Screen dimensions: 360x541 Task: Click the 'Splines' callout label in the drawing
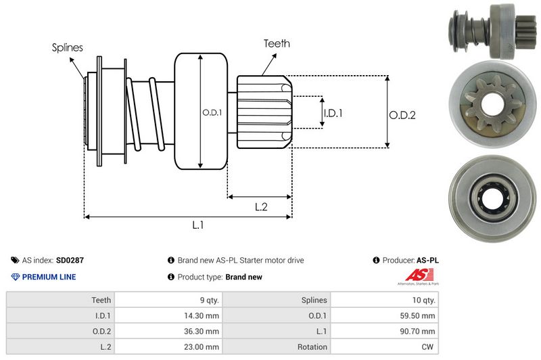[67, 47]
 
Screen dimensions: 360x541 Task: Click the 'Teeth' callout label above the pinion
[277, 43]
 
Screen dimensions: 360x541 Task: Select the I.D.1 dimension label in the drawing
[333, 113]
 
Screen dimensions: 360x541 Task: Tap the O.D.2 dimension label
[402, 115]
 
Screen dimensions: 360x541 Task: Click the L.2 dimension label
[261, 207]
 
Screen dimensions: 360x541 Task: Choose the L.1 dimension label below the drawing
[198, 225]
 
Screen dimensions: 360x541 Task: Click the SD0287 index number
[70, 260]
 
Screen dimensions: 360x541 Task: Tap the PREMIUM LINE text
[49, 277]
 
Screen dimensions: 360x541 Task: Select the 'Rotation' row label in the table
[312, 346]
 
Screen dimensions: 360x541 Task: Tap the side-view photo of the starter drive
[490, 32]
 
